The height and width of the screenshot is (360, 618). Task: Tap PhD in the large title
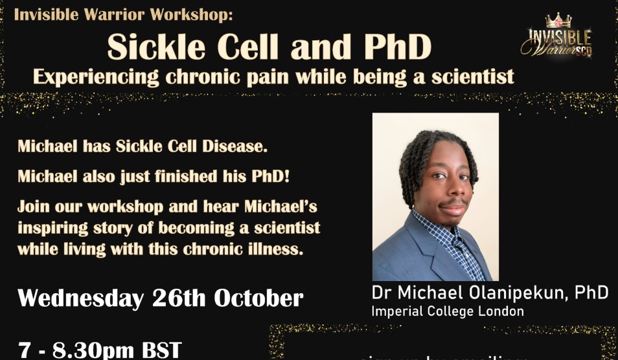(391, 47)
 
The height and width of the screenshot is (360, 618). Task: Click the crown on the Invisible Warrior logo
(558, 21)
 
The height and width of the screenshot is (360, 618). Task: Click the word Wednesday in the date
(80, 298)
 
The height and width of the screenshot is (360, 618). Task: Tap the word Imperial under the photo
(395, 311)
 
